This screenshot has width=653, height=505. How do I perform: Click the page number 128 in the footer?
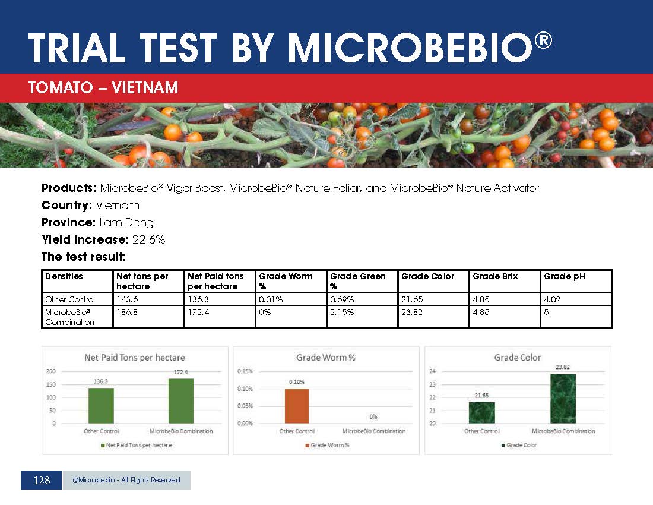pyautogui.click(x=42, y=480)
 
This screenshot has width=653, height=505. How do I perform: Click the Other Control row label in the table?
pyautogui.click(x=69, y=299)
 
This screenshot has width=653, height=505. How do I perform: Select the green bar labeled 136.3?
pyautogui.click(x=101, y=406)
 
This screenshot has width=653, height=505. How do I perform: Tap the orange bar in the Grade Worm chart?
pyautogui.click(x=297, y=406)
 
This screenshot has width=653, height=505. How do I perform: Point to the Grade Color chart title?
pyautogui.click(x=518, y=358)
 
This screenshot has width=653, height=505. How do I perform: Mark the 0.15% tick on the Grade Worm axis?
pyautogui.click(x=245, y=371)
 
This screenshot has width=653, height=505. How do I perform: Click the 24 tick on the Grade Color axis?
pyautogui.click(x=432, y=371)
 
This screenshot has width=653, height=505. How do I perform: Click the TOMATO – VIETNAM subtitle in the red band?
pyautogui.click(x=103, y=89)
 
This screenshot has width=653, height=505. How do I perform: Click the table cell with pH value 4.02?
pyautogui.click(x=552, y=299)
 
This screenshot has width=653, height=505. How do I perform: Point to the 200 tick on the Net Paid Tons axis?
pyautogui.click(x=52, y=371)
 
